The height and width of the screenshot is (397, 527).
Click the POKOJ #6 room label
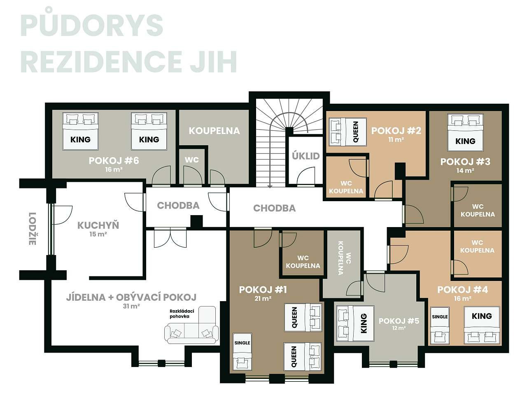114,160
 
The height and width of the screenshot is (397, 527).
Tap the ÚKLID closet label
305,156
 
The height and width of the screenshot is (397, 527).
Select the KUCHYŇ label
98,225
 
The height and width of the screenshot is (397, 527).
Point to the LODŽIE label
33,229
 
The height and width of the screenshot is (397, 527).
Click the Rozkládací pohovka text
182,313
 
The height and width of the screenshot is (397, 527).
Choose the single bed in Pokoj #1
242,351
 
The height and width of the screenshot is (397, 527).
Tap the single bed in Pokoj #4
440,325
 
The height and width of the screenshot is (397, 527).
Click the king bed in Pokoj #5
355,323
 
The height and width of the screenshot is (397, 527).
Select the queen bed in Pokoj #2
347,132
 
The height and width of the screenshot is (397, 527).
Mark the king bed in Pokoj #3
465,132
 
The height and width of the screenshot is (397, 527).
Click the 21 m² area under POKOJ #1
263,299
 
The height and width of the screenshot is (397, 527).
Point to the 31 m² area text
131,306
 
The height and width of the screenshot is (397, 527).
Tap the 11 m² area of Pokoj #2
396,139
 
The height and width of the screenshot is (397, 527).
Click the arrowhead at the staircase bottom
270,186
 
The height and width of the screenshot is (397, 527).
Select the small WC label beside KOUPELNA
191,160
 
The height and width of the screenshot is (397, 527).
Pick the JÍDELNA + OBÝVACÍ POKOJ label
131,297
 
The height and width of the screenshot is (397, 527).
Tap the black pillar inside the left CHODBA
196,221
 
